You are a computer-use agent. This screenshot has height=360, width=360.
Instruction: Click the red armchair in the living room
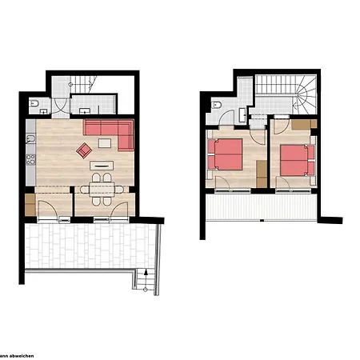click(x=84, y=150)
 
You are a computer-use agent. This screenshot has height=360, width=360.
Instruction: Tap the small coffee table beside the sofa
click(x=105, y=143)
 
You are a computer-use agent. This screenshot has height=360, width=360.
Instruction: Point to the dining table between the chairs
click(x=102, y=190)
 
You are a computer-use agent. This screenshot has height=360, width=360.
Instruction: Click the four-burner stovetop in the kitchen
click(x=30, y=159)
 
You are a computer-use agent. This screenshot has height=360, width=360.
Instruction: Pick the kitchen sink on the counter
click(x=30, y=139)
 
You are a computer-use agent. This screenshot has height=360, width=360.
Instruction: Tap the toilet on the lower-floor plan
click(x=34, y=103)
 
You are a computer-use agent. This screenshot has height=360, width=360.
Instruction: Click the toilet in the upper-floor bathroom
click(x=216, y=105)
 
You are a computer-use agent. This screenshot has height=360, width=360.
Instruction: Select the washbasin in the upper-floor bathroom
click(x=242, y=115)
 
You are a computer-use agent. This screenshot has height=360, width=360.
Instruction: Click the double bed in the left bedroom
click(x=225, y=154)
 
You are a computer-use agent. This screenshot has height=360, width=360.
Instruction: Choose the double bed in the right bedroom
click(x=298, y=160)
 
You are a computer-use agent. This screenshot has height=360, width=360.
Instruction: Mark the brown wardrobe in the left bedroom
click(x=262, y=174)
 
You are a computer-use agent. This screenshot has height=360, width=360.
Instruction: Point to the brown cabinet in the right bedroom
click(x=304, y=124)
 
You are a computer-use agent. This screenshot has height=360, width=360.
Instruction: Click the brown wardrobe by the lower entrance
click(x=30, y=205)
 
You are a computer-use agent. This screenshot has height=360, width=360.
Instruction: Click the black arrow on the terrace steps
click(x=146, y=272)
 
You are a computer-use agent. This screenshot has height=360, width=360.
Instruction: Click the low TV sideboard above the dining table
click(x=102, y=166)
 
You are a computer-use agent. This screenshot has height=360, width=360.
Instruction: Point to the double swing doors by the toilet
click(x=60, y=106)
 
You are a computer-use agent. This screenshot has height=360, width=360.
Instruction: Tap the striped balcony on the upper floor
click(x=262, y=207)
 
